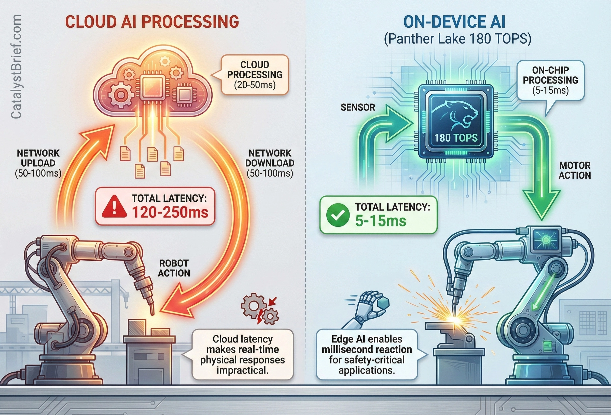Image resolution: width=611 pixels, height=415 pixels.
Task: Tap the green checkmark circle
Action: [x=338, y=215]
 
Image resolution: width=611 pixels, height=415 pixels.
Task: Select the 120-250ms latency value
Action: [x=170, y=212]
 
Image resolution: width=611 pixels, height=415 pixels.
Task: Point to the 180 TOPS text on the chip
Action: [x=456, y=138]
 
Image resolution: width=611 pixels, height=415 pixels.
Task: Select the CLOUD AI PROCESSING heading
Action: [x=152, y=22]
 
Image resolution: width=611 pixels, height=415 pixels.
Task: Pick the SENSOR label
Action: [x=358, y=107]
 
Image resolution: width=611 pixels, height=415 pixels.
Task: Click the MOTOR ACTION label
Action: [x=575, y=170]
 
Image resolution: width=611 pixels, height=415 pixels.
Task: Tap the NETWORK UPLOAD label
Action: [x=38, y=163]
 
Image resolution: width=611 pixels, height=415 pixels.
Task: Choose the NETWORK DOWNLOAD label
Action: [x=270, y=163]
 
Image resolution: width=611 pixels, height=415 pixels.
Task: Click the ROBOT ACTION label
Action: [x=174, y=268]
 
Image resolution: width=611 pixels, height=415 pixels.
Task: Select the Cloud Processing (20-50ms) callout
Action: [x=255, y=75]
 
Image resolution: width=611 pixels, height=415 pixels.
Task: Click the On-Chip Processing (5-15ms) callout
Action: [x=550, y=80]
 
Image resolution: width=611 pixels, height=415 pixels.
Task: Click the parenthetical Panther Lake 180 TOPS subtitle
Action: [x=457, y=39]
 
